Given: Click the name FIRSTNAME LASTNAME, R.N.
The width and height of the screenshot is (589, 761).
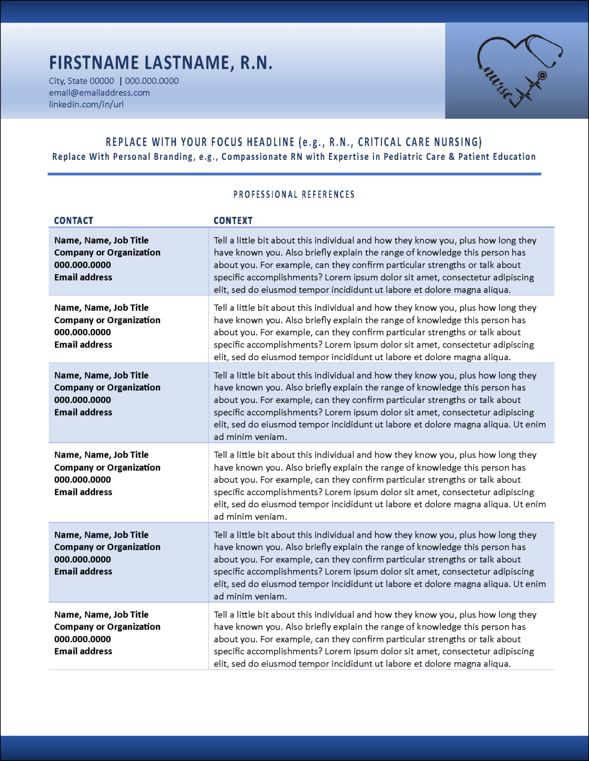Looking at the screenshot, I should (161, 63).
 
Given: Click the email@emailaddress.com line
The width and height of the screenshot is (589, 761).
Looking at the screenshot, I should (99, 93).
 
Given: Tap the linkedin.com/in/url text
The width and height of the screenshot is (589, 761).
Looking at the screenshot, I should (86, 104).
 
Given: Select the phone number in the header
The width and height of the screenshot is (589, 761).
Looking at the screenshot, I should (152, 81).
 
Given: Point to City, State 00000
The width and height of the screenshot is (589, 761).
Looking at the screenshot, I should (81, 81).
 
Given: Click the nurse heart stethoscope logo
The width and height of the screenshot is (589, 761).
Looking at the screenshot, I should (518, 71).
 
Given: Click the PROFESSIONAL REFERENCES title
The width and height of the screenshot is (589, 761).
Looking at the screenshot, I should (294, 195).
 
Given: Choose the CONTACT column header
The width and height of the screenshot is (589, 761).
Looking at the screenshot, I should (74, 221).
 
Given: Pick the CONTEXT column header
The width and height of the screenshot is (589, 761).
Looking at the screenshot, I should (233, 221).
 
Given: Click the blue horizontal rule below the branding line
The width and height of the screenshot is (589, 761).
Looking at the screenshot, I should (294, 174).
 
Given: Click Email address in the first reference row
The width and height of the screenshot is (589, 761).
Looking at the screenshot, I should (83, 278).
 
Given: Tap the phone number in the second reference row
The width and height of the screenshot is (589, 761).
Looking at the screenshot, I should (82, 332).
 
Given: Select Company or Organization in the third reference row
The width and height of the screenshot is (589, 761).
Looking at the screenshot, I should (107, 388).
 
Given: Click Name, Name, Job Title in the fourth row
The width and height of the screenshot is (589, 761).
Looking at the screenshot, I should (101, 455).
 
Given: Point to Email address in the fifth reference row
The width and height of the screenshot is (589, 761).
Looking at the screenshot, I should (83, 572).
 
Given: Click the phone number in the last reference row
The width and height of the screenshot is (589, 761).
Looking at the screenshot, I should (82, 639).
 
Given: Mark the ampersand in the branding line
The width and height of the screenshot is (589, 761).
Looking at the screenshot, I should (452, 157).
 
